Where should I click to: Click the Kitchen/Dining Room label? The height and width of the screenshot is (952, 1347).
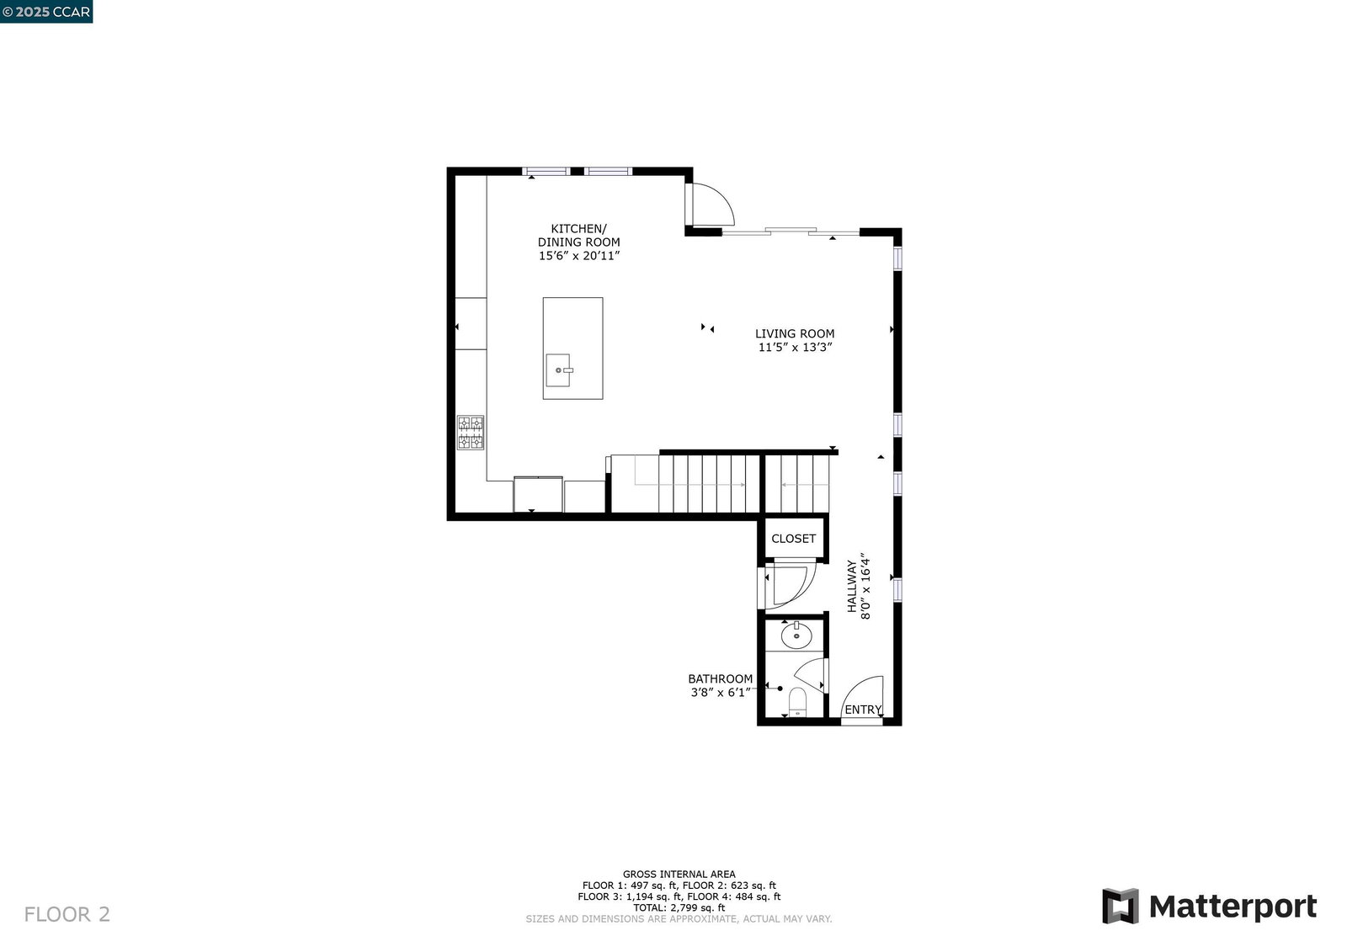(578, 242)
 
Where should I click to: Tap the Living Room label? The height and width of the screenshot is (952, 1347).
(795, 340)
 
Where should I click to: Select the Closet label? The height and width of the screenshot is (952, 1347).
(793, 538)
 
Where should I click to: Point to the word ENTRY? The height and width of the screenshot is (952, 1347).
(863, 710)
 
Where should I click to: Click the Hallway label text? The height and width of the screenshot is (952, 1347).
(859, 587)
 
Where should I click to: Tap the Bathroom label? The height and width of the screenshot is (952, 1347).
(721, 685)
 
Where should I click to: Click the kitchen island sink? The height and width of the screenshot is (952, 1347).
(559, 370)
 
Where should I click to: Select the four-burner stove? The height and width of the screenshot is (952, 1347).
(471, 433)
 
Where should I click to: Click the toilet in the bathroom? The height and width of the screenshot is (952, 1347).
(797, 702)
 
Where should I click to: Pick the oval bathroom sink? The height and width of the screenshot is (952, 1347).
(796, 635)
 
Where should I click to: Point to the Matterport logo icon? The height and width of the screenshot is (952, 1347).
(1121, 906)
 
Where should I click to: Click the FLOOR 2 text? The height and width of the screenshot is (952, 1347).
(67, 914)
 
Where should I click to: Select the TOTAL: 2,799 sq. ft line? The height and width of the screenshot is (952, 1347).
(679, 907)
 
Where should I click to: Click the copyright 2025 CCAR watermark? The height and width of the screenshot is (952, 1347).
(46, 12)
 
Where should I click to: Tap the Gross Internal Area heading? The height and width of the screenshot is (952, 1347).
(679, 874)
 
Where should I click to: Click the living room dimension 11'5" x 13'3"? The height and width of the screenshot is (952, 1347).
(795, 347)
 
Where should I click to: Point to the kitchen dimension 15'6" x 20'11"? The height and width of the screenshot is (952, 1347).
(579, 256)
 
